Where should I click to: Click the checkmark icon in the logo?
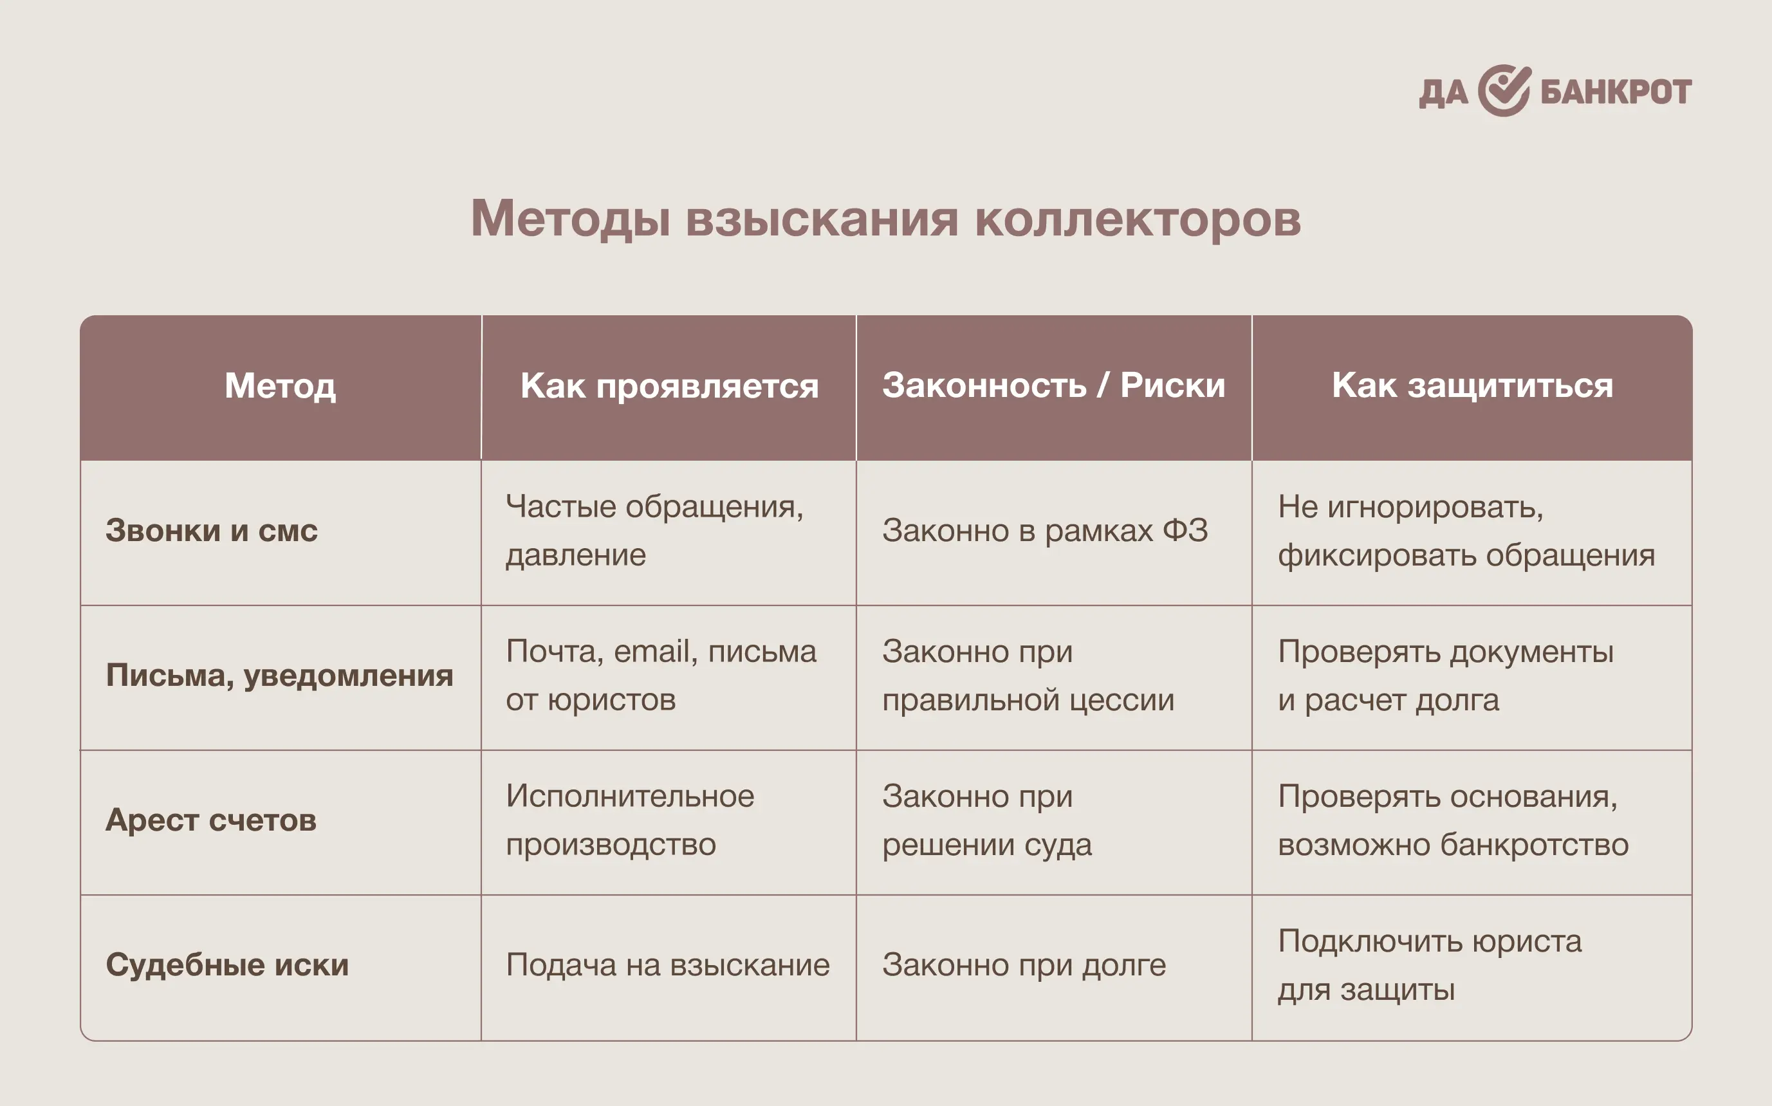point(1504,91)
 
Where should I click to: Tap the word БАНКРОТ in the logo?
point(1616,92)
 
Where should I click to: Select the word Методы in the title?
point(571,219)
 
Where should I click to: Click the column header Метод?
point(280,385)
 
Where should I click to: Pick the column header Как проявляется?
point(669,385)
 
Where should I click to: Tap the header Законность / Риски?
point(1054,385)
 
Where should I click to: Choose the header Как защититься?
point(1472,385)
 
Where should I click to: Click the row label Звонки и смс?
point(211,530)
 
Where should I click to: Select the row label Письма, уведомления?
point(279,675)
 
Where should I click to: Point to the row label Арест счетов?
point(210,820)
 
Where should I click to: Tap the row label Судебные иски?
point(226,965)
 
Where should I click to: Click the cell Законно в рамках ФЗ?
point(1045,530)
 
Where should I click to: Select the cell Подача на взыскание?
point(668,965)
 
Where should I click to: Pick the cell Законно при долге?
point(1024,965)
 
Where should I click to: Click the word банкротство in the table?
point(1535,845)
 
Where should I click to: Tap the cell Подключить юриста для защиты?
point(1430,965)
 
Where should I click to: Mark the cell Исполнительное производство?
point(630,820)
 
